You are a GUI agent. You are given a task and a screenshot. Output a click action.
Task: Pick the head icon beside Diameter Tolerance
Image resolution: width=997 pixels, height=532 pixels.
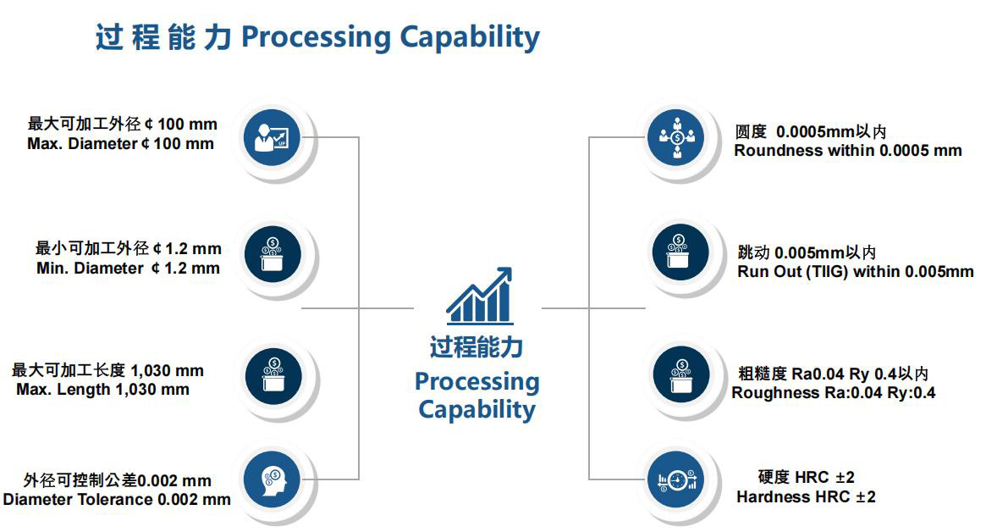click(x=272, y=480)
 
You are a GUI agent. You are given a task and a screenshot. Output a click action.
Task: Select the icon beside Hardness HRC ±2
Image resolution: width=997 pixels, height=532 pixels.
click(x=676, y=480)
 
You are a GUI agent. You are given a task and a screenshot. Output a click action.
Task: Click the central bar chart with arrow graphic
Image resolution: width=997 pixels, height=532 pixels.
click(x=480, y=296)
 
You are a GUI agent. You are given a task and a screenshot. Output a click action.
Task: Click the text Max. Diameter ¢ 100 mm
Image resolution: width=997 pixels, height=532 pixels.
click(x=120, y=144)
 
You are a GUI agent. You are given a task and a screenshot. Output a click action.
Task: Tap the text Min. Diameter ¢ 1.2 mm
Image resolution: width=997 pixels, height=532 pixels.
click(x=128, y=269)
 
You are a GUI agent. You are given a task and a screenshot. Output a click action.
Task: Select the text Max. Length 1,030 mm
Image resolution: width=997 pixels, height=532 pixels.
click(x=102, y=390)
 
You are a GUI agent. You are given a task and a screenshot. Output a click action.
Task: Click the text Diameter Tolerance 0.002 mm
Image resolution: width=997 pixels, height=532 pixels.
click(x=116, y=499)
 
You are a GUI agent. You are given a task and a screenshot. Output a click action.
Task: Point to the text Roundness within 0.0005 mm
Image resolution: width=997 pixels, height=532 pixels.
click(x=847, y=151)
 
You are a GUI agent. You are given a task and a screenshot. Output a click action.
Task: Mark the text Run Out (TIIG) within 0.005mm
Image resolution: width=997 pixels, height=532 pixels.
click(x=855, y=272)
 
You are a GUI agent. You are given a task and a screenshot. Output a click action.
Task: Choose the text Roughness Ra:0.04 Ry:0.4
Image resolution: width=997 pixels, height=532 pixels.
click(x=833, y=393)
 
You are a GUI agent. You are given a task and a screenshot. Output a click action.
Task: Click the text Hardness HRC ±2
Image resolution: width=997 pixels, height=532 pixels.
click(x=806, y=497)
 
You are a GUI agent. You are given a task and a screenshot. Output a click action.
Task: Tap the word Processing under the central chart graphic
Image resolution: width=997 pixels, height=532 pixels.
click(x=476, y=381)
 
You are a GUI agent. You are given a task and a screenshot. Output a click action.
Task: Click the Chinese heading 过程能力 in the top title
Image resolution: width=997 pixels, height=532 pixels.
click(x=162, y=38)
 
